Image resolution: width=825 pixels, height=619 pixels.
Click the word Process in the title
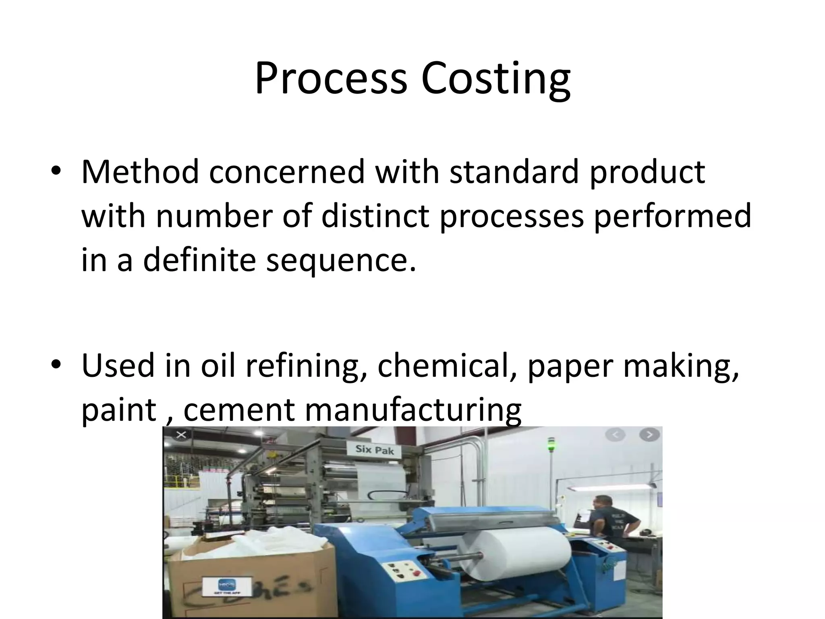(x=331, y=79)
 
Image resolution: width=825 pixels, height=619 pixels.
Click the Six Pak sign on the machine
(x=374, y=450)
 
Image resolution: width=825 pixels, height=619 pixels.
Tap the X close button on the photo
(x=181, y=435)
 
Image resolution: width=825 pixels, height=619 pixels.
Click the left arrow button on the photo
(x=616, y=435)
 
